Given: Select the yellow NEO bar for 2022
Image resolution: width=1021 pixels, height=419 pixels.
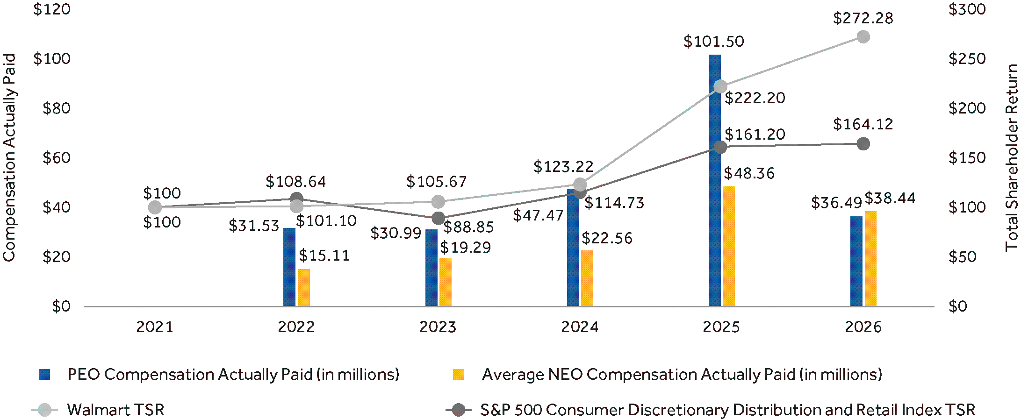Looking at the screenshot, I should pos(304,288).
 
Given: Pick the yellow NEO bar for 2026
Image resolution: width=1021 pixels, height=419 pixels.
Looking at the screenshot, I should pos(870,259).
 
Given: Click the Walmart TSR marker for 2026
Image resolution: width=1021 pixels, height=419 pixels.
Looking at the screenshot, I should pos(863,36).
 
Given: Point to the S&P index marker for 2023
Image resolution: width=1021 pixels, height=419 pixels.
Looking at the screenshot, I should pos(438,218).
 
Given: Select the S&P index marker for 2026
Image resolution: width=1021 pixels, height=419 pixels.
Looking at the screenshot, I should pos(863,144).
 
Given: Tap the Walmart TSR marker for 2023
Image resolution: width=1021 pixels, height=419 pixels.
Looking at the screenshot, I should pos(438,202).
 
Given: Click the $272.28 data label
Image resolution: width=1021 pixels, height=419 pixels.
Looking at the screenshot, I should pos(863,19).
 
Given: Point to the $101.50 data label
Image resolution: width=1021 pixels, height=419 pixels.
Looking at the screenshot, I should pos(713,42).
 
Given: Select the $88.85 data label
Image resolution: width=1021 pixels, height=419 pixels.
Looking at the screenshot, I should pos(468,227).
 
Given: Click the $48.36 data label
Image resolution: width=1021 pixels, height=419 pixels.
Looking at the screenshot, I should pos(749,174).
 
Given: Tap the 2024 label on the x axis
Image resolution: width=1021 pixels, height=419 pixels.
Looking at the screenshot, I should pos(580,327).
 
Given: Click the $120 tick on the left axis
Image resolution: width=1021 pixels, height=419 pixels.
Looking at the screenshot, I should pos(52,9).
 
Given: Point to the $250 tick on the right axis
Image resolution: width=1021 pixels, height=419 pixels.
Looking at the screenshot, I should pos(967,59).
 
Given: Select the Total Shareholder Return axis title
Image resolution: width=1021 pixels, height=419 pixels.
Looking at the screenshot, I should pos(1012,158).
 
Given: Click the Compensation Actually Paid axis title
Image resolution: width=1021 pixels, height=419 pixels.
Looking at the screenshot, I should pos(9,158).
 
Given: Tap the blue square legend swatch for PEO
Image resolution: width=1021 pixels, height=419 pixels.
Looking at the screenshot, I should pos(45,375).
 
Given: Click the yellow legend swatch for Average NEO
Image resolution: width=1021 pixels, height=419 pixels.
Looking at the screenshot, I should pos(459,375).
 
